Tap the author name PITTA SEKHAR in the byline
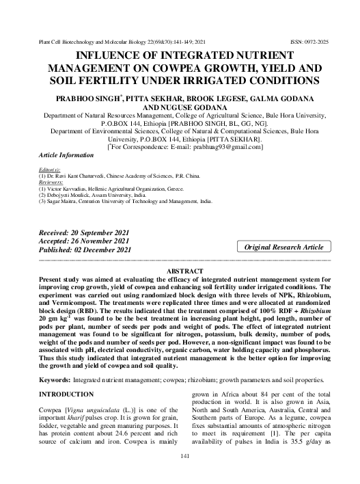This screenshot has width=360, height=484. click(x=152, y=100)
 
